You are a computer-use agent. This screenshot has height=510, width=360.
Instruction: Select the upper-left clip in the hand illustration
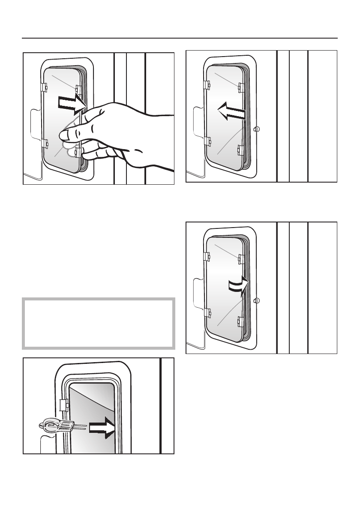point(44,87)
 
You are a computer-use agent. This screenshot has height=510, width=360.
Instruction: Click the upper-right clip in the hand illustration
point(78,89)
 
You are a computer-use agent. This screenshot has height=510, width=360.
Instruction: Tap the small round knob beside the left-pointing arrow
point(256,129)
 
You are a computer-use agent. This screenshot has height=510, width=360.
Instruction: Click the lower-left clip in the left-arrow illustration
point(207,141)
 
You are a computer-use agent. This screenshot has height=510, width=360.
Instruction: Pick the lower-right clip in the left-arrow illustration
point(240,150)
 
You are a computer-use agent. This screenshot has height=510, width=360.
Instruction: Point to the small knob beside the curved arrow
point(256,300)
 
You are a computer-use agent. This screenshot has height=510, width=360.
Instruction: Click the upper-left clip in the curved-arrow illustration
point(207,256)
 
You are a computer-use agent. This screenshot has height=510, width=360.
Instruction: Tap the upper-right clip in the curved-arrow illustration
point(241,258)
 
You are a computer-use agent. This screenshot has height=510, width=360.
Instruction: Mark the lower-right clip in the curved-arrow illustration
point(240,321)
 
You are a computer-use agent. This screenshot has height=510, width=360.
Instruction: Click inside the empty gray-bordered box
point(99,322)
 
